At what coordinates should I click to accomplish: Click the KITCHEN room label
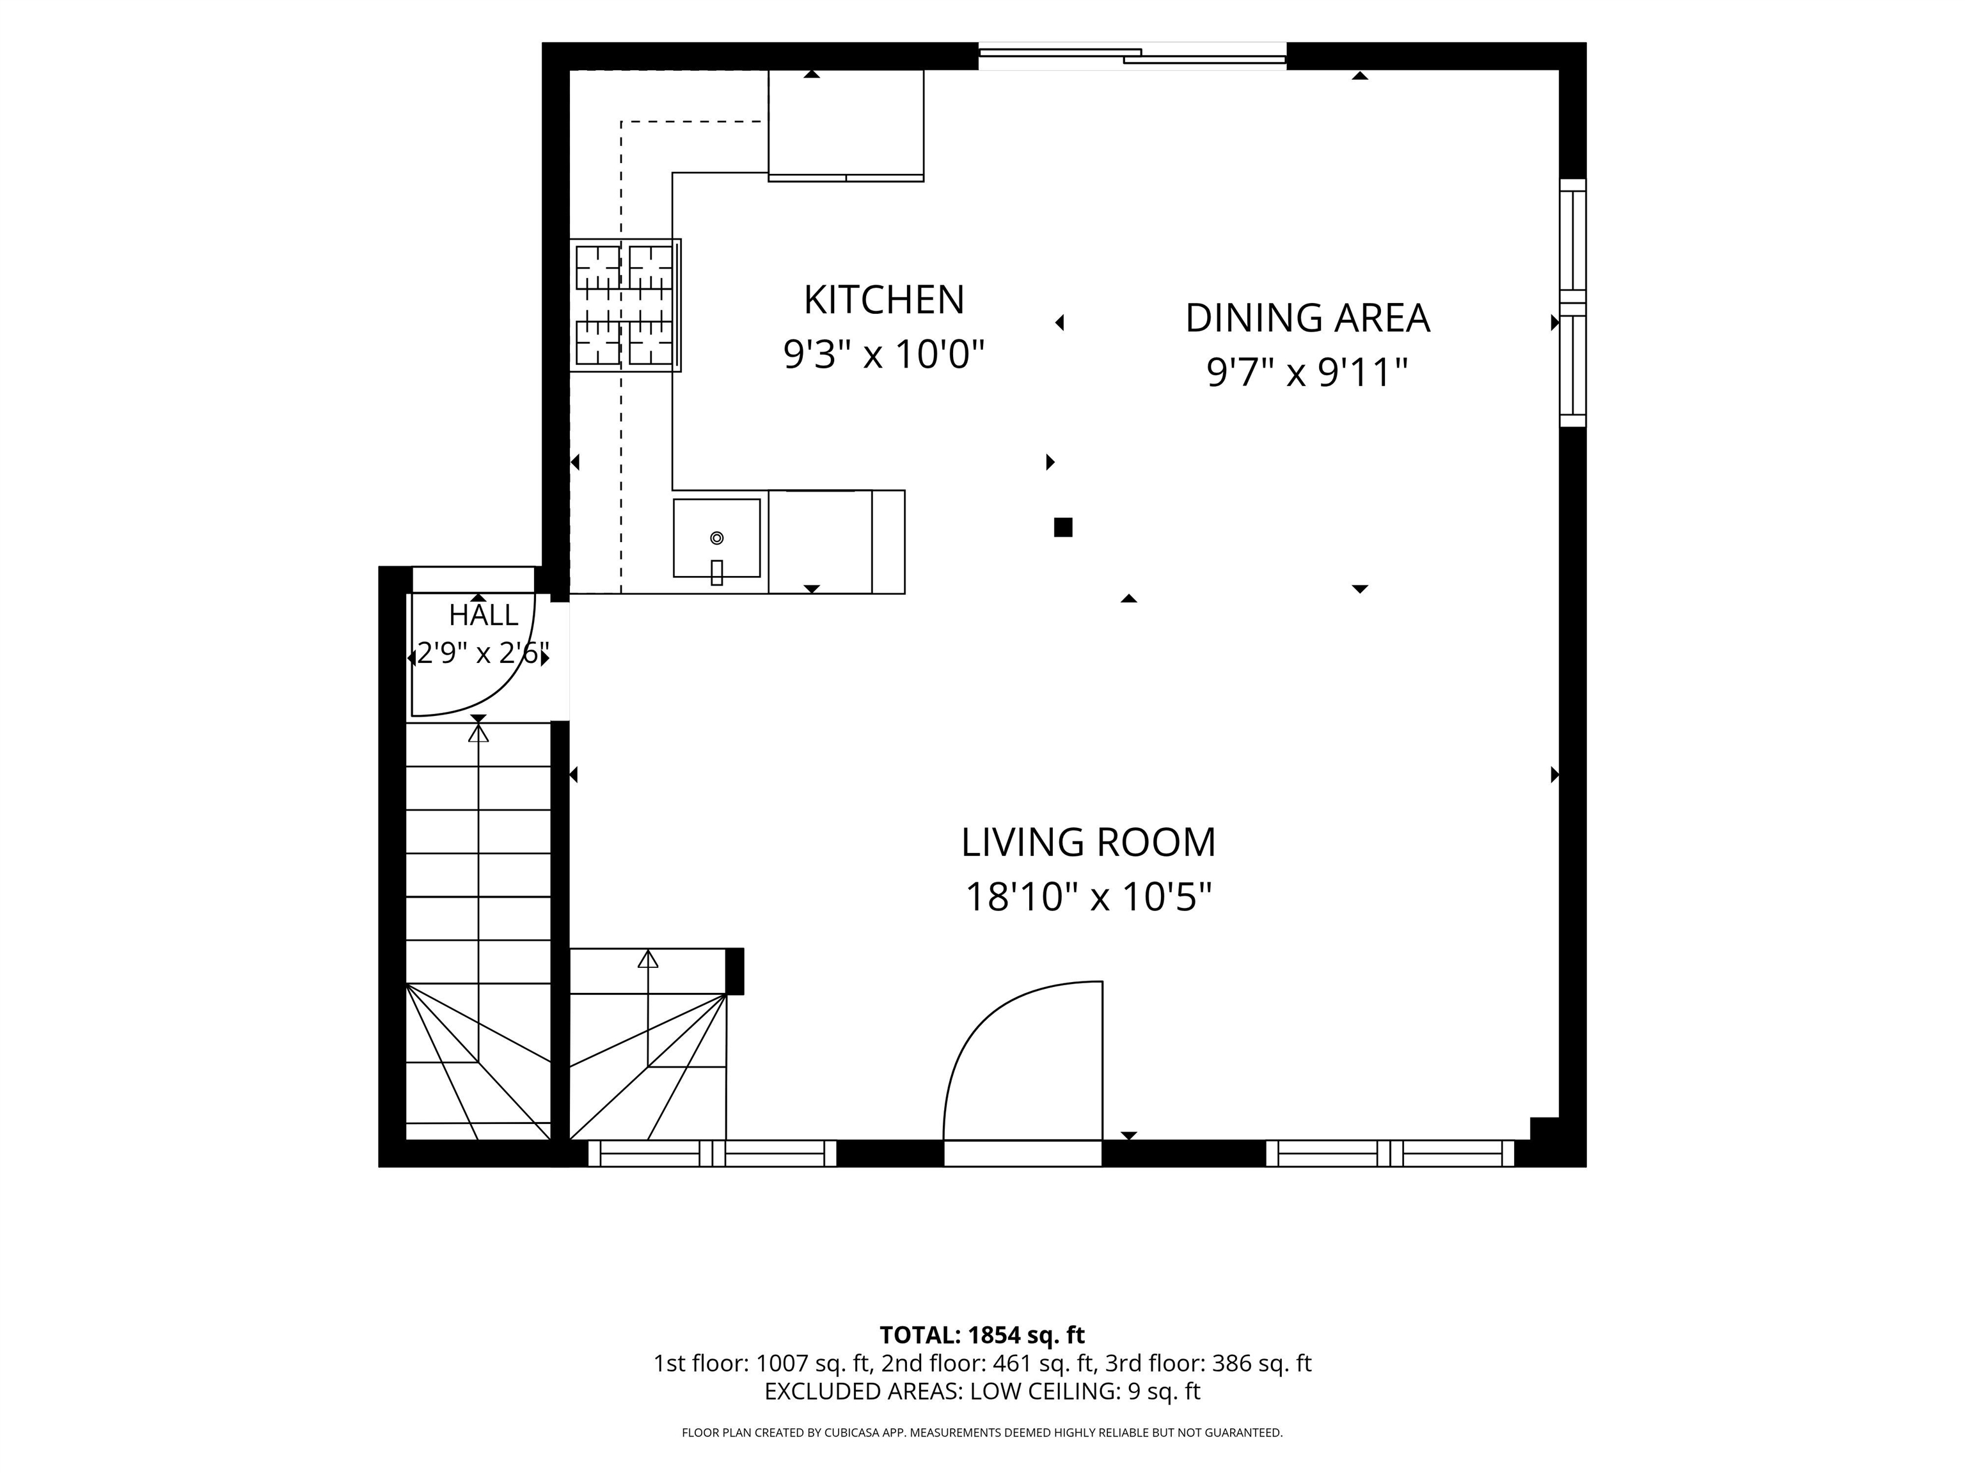coord(884,300)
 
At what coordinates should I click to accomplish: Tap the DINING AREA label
coord(1307,318)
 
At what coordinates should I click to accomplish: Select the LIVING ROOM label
coord(1088,842)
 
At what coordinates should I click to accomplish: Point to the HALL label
coord(484,614)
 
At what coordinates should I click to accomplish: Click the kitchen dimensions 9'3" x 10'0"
coord(884,354)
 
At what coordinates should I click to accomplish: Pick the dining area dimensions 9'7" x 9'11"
coord(1307,372)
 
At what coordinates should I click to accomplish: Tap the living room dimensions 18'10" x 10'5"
coord(1088,897)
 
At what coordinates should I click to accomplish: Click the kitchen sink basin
coord(717,538)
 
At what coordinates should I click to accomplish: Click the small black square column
coord(1063,527)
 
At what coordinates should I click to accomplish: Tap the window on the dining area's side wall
coord(1574,303)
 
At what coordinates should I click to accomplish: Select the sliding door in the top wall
coord(1133,56)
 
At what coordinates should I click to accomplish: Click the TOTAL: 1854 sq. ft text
coord(982,1334)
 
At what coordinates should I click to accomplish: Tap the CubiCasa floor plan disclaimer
coord(982,1432)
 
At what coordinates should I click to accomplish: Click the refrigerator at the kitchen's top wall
coord(846,125)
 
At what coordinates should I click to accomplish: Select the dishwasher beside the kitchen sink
coord(820,542)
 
